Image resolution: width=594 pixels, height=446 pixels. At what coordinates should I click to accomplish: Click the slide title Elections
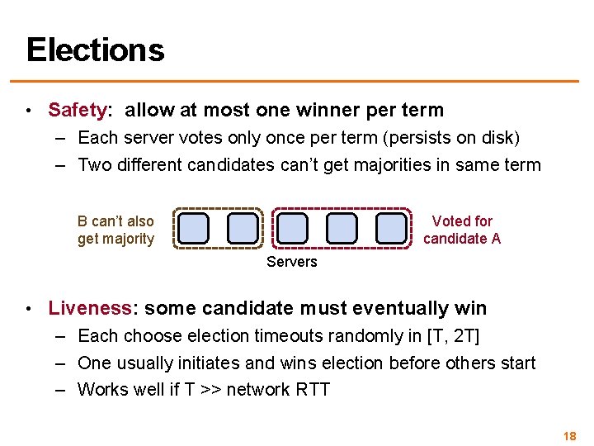[95, 50]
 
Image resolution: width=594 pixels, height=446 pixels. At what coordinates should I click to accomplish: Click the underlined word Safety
[78, 110]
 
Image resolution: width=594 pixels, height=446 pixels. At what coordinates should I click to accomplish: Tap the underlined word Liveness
[89, 308]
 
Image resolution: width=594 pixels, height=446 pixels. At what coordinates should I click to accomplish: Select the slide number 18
[568, 435]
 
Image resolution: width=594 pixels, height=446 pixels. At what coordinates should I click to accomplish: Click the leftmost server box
[193, 228]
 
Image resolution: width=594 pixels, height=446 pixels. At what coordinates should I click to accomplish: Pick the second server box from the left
[243, 228]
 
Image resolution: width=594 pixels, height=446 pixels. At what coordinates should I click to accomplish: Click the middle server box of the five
[292, 228]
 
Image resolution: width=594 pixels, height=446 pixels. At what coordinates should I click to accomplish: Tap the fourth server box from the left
[342, 228]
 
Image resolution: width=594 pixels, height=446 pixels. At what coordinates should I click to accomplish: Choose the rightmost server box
[391, 228]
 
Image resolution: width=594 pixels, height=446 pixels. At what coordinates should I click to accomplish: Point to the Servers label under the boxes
[291, 262]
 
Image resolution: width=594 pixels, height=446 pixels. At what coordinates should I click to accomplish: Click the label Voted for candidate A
[462, 230]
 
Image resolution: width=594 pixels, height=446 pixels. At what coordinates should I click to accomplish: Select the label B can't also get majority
[115, 230]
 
